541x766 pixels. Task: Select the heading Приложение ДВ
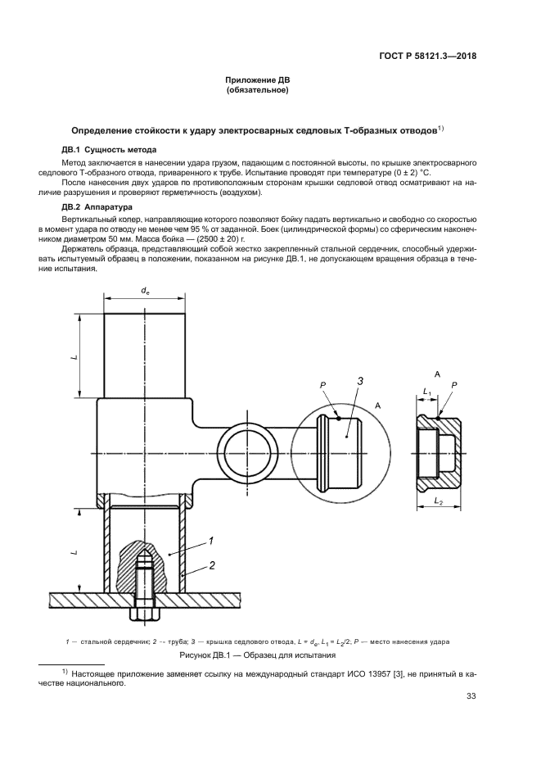click(x=258, y=79)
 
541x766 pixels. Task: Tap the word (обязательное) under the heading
click(x=258, y=90)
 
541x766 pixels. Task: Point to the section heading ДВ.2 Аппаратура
click(x=102, y=208)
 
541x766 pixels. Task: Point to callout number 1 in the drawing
click(x=211, y=541)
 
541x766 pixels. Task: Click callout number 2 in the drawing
click(x=211, y=565)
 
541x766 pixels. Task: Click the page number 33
click(x=471, y=697)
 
